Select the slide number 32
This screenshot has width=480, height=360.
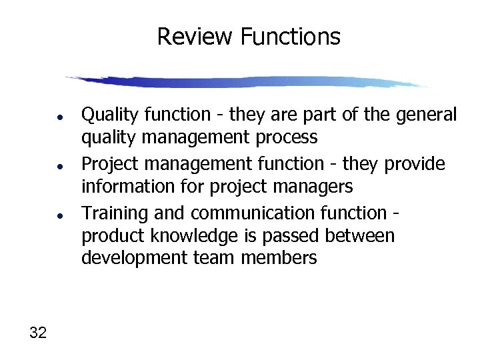(38, 333)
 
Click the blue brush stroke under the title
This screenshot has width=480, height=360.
(247, 82)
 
